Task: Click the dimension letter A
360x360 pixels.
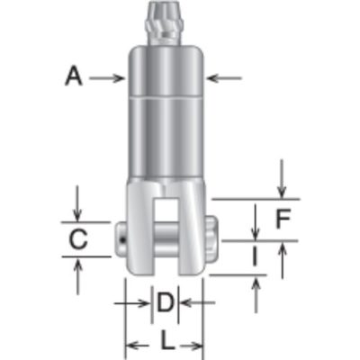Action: tap(74, 76)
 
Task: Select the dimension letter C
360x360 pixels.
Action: tap(78, 239)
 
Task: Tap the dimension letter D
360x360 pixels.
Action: tap(166, 302)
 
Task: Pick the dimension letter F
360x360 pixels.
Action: tap(283, 219)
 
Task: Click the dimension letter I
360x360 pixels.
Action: tap(255, 256)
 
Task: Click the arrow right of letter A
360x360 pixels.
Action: tap(107, 78)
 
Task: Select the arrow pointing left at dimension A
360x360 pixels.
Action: tap(224, 78)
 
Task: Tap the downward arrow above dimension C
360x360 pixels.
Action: tap(77, 203)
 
